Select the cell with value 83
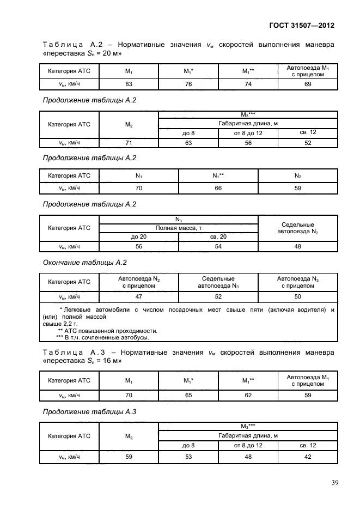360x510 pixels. pyautogui.click(x=129, y=84)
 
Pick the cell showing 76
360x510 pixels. pyautogui.click(x=188, y=84)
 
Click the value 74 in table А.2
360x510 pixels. pyautogui.click(x=248, y=84)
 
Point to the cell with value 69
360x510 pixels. pyautogui.click(x=307, y=84)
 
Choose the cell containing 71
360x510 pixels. pyautogui.click(x=129, y=143)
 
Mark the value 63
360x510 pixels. pyautogui.click(x=188, y=143)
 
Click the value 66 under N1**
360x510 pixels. pyautogui.click(x=218, y=188)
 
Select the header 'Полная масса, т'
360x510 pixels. pyautogui.click(x=178, y=228)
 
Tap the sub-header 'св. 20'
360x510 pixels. pyautogui.click(x=218, y=236)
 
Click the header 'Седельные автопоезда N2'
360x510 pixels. pyautogui.click(x=297, y=228)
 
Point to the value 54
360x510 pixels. pyautogui.click(x=218, y=246)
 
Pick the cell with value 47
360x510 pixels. pyautogui.click(x=138, y=296)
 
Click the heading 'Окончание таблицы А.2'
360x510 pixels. pyautogui.click(x=84, y=263)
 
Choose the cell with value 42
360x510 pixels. pyautogui.click(x=307, y=457)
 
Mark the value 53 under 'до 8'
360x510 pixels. pyautogui.click(x=188, y=457)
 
